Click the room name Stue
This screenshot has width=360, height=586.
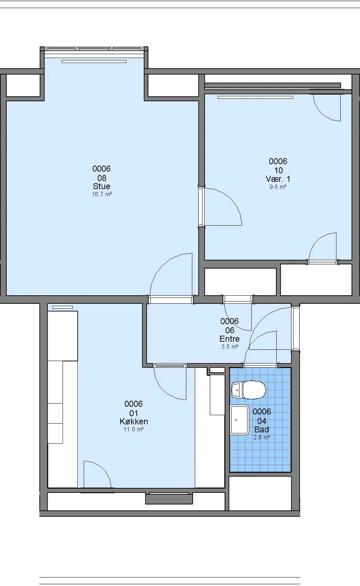(102, 186)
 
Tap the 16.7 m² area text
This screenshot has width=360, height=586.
(102, 194)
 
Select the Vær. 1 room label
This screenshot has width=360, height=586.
(278, 179)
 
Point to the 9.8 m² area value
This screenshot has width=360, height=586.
(278, 187)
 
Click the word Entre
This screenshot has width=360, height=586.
(229, 339)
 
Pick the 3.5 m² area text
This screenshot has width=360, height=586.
(229, 347)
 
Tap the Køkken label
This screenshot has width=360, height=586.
(134, 421)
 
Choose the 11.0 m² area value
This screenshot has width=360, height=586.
(134, 429)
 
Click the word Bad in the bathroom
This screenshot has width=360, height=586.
(261, 429)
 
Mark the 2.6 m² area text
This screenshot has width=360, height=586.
(262, 437)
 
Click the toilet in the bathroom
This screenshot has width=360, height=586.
(248, 390)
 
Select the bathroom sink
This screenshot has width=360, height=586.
(239, 420)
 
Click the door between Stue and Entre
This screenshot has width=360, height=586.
(171, 279)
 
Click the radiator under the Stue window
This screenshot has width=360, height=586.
(94, 62)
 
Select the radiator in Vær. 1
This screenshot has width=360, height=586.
(255, 98)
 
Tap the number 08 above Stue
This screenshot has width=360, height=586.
(102, 178)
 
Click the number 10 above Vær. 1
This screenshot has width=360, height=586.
(279, 171)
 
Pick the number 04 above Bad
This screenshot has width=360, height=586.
(262, 421)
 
